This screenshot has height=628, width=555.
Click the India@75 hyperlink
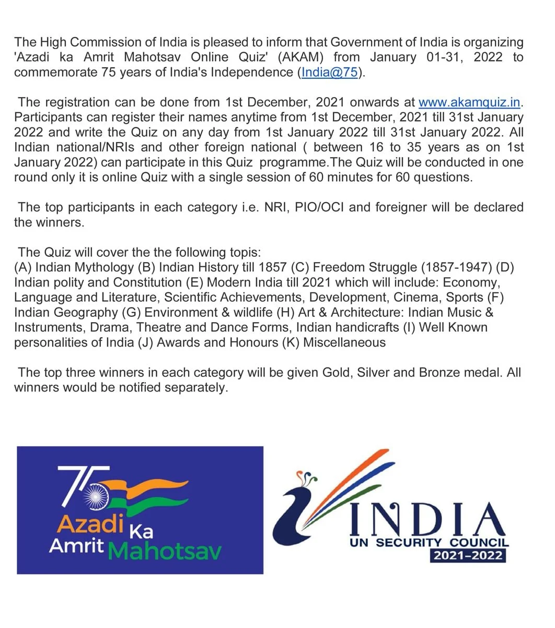(x=330, y=72)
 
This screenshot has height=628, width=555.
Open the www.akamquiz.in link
(x=470, y=102)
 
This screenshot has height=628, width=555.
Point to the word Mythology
(x=103, y=267)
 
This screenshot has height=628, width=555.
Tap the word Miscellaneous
(x=344, y=342)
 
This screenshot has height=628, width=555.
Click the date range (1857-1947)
(x=455, y=267)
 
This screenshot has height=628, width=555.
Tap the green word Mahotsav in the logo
(x=166, y=550)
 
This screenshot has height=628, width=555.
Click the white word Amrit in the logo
(x=76, y=546)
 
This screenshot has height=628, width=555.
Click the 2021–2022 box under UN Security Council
(x=468, y=555)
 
